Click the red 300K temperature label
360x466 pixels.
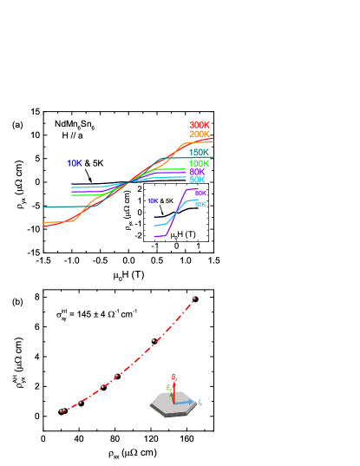click(x=200, y=125)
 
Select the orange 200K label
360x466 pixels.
click(x=200, y=135)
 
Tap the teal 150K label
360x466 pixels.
click(x=200, y=153)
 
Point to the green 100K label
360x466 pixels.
click(x=200, y=163)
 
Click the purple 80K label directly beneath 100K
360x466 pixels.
click(x=197, y=172)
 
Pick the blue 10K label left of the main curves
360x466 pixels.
click(x=75, y=163)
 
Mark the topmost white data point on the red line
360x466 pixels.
click(x=194, y=298)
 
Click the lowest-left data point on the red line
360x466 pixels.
click(x=62, y=410)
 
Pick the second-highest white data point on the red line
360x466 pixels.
click(x=154, y=340)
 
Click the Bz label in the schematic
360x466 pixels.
click(x=174, y=377)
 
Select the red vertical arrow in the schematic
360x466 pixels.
click(x=173, y=391)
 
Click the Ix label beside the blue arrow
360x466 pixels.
click(x=200, y=403)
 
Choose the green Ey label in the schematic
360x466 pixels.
click(x=167, y=387)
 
